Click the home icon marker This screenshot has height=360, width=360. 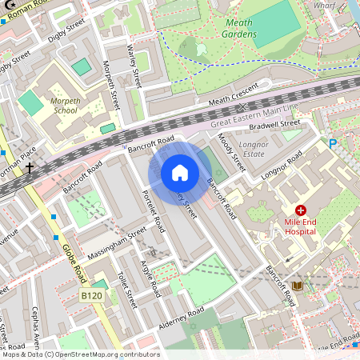(x=180, y=172)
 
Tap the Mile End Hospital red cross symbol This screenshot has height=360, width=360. (x=300, y=210)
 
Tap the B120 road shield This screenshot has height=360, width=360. (x=93, y=297)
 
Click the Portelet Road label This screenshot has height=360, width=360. (x=152, y=210)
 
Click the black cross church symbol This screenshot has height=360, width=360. (x=30, y=169)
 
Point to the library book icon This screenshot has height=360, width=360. (x=298, y=286)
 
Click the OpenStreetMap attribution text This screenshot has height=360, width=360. (x=80, y=354)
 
